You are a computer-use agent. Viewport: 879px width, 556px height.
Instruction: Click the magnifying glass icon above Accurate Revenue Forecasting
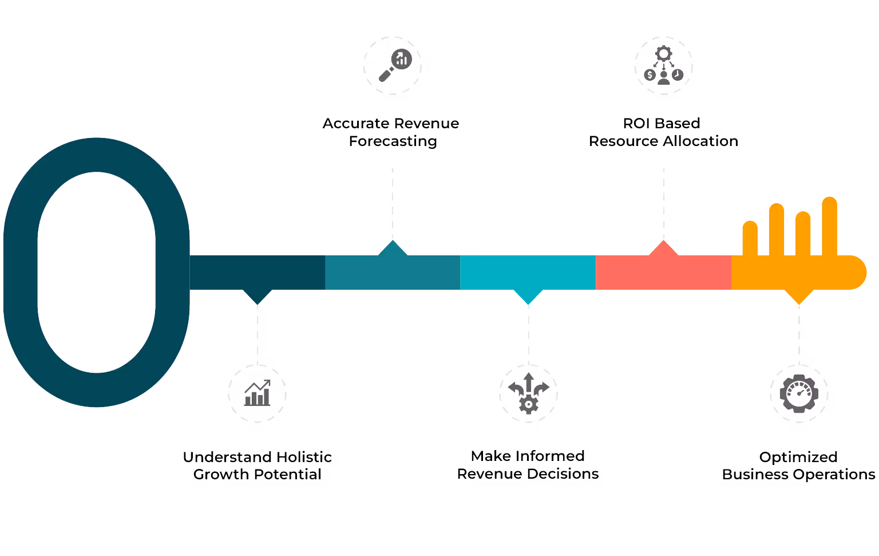(x=394, y=65)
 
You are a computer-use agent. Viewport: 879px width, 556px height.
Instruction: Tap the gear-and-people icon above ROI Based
(x=663, y=65)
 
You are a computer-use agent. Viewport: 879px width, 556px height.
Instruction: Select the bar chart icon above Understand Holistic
(x=258, y=393)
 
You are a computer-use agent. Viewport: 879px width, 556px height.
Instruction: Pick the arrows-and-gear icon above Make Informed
(x=528, y=393)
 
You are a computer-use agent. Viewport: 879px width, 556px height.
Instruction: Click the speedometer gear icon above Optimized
(x=799, y=394)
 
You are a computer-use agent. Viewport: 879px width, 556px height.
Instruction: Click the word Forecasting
(x=393, y=141)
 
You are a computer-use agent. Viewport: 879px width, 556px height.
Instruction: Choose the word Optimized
(x=798, y=457)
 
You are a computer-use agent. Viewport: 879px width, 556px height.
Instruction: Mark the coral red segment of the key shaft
(x=663, y=273)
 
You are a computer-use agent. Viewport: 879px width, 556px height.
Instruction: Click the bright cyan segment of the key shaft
(x=528, y=273)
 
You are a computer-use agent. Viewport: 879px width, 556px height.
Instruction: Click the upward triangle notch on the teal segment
(x=393, y=249)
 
